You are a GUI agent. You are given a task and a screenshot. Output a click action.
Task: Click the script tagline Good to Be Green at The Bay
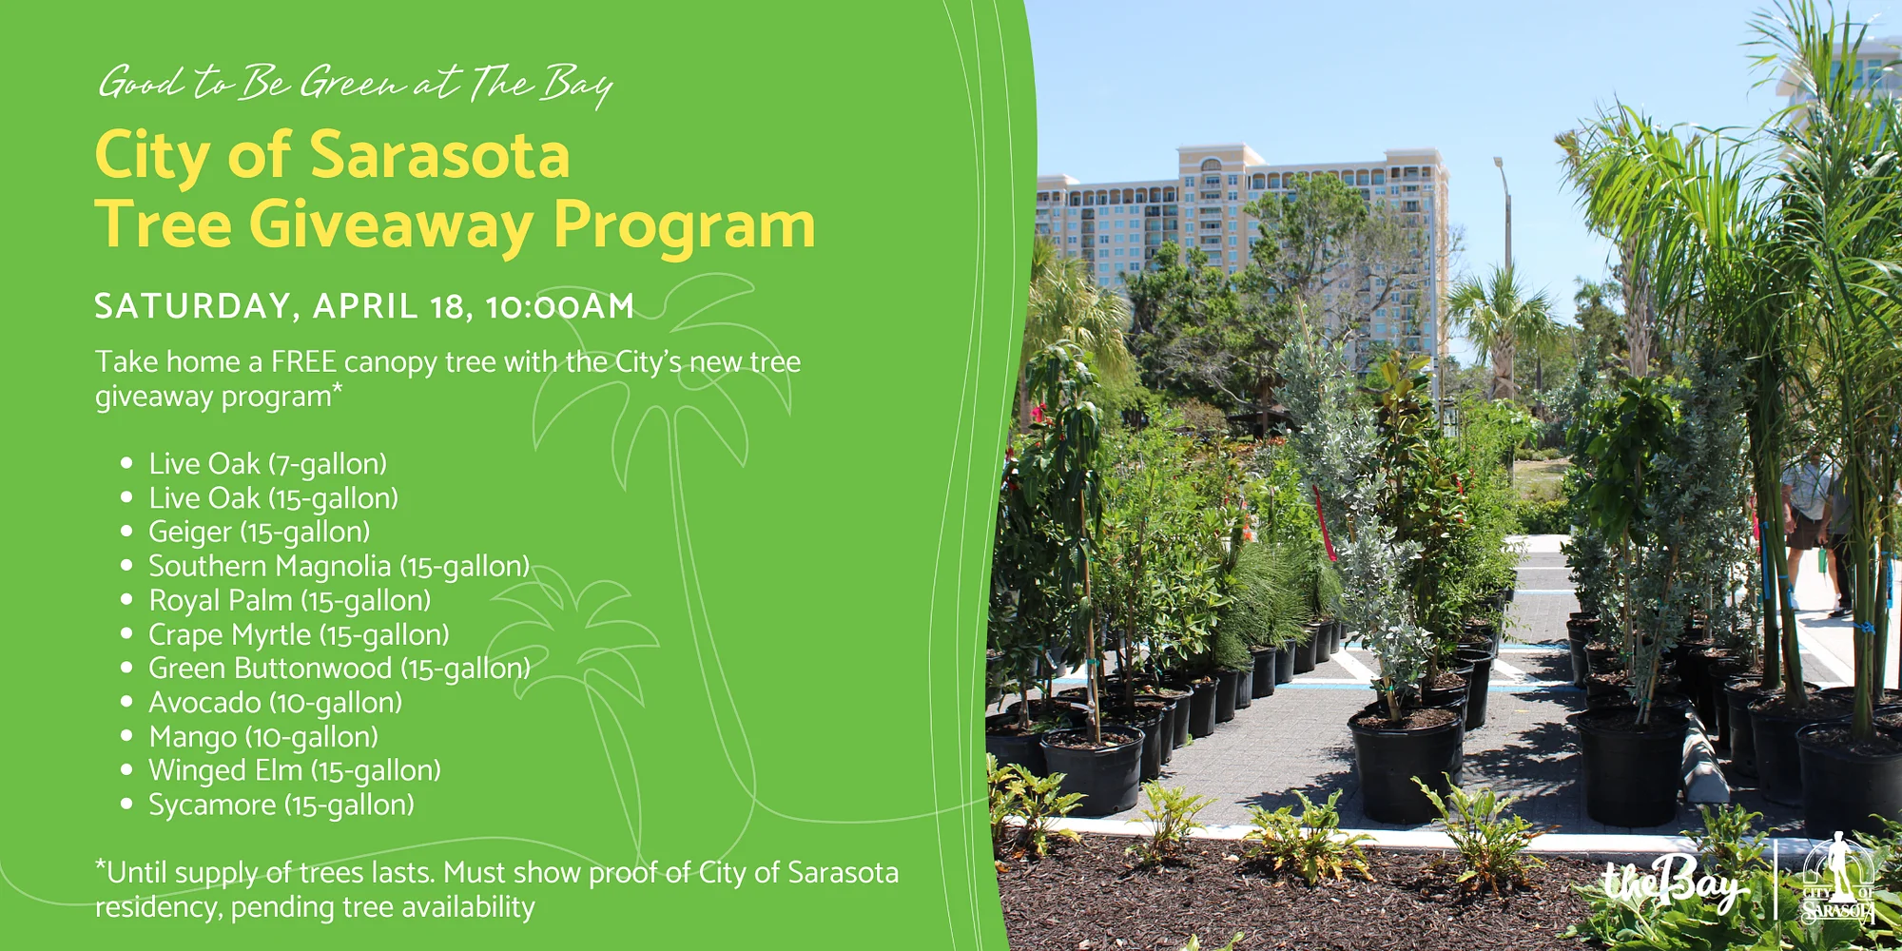[x=356, y=84]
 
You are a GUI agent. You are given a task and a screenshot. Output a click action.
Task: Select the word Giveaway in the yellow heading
[x=391, y=227]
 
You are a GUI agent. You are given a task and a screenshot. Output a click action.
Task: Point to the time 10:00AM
[x=559, y=306]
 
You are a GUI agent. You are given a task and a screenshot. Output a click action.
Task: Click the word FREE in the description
[x=303, y=361]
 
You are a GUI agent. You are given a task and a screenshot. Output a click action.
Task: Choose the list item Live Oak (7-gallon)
[x=267, y=464]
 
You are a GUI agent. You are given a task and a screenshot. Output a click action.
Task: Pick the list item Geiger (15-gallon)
[x=259, y=533]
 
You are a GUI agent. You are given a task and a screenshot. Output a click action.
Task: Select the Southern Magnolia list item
[x=339, y=567]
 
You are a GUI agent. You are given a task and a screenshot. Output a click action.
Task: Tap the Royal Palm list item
[x=289, y=601]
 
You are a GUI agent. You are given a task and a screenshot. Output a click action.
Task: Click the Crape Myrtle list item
[x=299, y=635]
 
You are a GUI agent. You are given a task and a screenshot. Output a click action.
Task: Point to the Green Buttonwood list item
[x=339, y=669]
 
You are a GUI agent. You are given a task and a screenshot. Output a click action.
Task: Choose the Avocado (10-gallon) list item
[x=275, y=703]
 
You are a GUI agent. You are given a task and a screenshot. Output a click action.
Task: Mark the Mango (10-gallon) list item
[x=263, y=737]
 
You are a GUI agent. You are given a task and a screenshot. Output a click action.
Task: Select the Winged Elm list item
[x=295, y=770]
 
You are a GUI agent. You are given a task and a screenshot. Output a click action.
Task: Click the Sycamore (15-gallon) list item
[x=281, y=805]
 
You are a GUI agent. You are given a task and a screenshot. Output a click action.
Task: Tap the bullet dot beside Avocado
[x=126, y=702]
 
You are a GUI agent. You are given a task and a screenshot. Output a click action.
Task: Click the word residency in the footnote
[x=158, y=908]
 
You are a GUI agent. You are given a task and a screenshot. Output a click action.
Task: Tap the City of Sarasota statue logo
[x=1839, y=880]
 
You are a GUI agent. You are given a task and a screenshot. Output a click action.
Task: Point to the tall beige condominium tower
[x=1312, y=247]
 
